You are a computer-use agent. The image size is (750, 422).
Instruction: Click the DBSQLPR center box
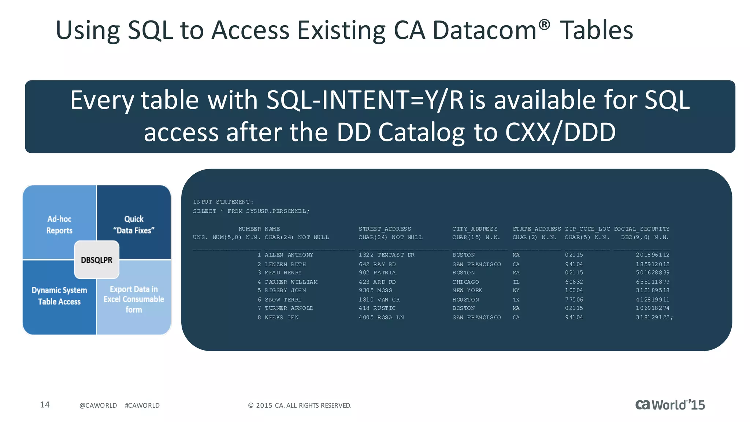[x=97, y=260]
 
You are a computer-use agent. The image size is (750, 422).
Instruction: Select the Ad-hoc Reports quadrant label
[x=59, y=225]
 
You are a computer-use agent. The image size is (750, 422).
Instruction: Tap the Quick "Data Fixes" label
[x=134, y=225]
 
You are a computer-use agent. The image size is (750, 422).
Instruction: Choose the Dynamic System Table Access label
[x=59, y=296]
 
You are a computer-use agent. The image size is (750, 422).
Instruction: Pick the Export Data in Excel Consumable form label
[x=134, y=299]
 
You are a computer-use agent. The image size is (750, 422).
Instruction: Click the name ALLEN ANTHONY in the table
[x=289, y=255]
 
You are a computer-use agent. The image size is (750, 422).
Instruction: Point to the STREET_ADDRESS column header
[x=385, y=229]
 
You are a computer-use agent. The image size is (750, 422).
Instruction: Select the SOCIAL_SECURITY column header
[x=642, y=229]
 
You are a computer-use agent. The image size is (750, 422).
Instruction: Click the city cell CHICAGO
[x=465, y=282]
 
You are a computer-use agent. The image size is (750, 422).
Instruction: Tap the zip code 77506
[x=574, y=300]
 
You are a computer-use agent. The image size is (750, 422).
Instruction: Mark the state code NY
[x=516, y=290]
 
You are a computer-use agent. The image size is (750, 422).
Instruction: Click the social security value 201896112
[x=653, y=255]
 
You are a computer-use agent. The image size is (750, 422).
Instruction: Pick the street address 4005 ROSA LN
[x=381, y=318]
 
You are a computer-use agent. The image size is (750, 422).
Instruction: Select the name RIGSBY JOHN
[x=285, y=290]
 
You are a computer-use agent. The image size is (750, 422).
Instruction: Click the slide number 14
[x=45, y=405]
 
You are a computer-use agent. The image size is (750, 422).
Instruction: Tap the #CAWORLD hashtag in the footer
[x=142, y=406]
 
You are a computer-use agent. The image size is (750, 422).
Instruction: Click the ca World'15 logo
[x=670, y=405]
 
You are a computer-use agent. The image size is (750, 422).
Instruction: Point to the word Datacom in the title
[x=484, y=30]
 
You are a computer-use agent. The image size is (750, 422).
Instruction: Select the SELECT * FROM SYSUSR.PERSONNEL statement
[x=251, y=211]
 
